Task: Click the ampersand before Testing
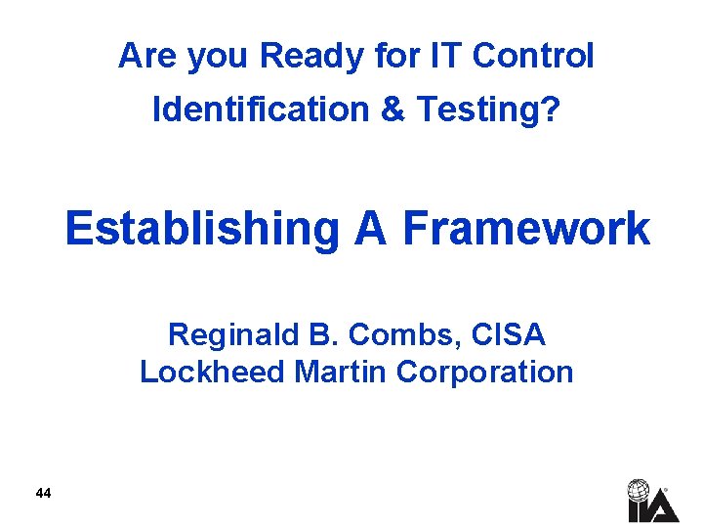[x=393, y=110]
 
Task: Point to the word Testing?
[x=488, y=110]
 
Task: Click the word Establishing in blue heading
[x=201, y=230]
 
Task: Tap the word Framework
[x=525, y=230]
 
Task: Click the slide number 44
[x=42, y=493]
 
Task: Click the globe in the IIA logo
[x=639, y=489]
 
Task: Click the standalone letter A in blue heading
[x=372, y=230]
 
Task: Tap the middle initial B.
[x=321, y=335]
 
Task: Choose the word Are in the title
[x=146, y=57]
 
